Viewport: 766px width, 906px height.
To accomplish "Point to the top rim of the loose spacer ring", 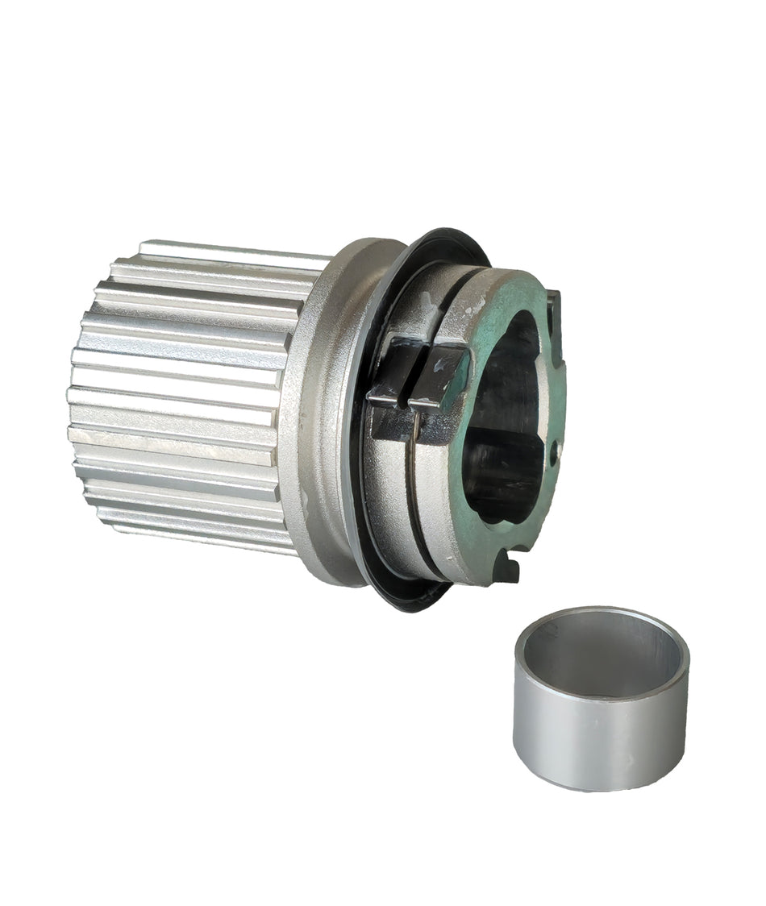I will click(x=601, y=615).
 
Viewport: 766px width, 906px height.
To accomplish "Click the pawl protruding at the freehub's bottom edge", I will click(x=507, y=569).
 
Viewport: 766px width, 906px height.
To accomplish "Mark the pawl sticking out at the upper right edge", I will click(x=554, y=310).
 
